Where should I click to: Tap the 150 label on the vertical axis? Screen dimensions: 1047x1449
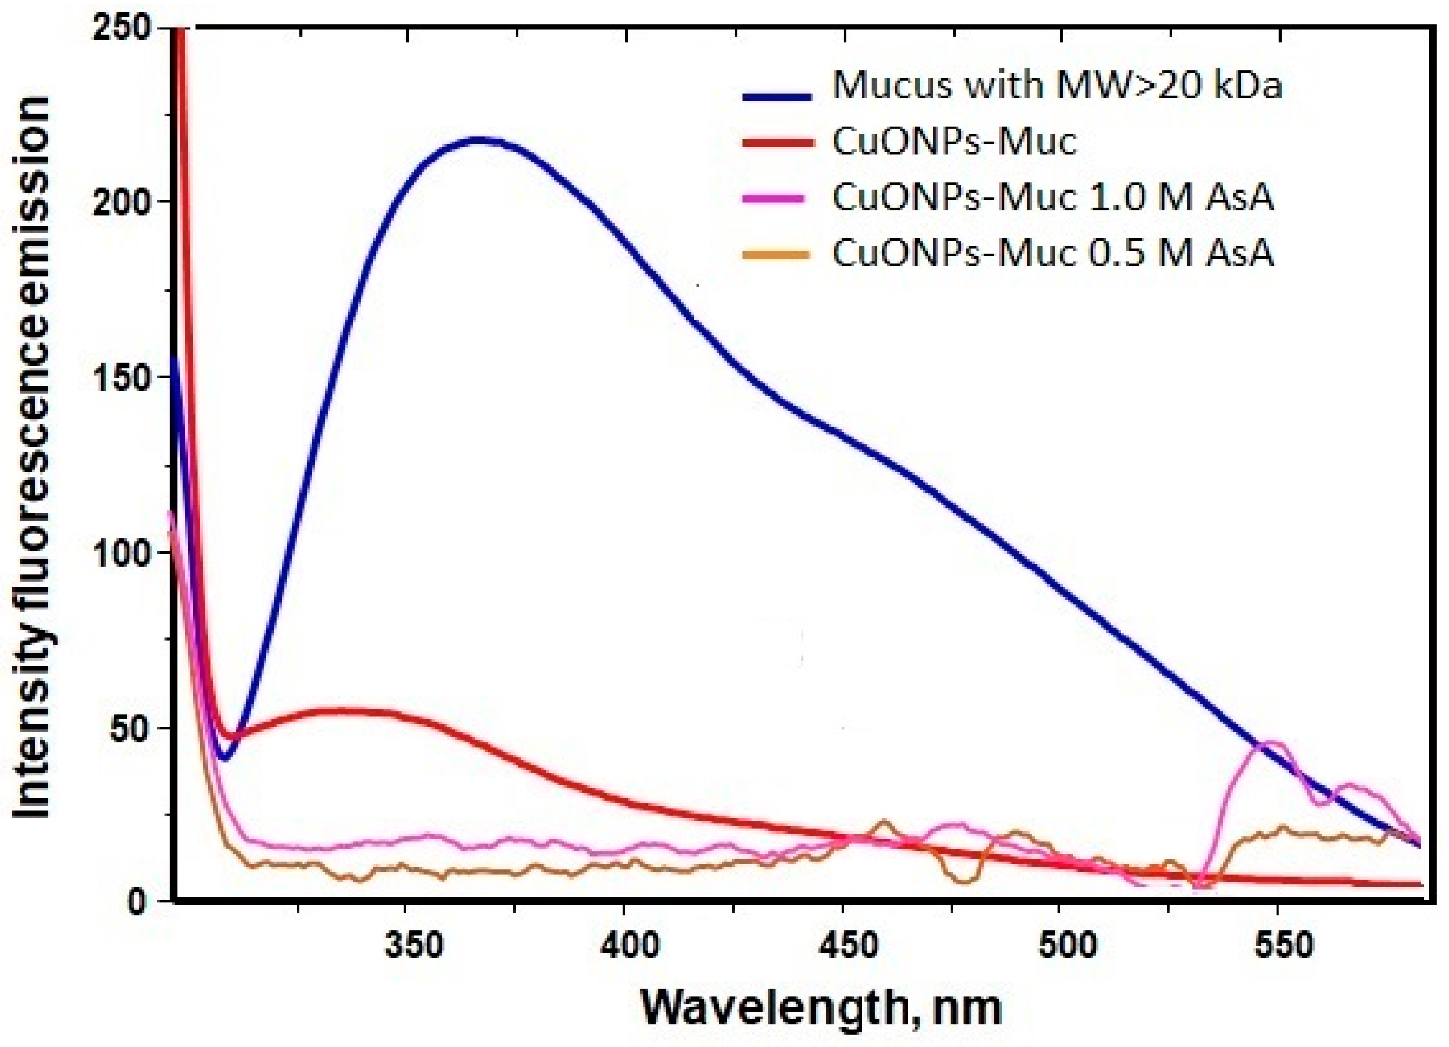click(127, 377)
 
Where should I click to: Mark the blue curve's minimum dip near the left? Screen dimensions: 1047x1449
click(222, 759)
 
